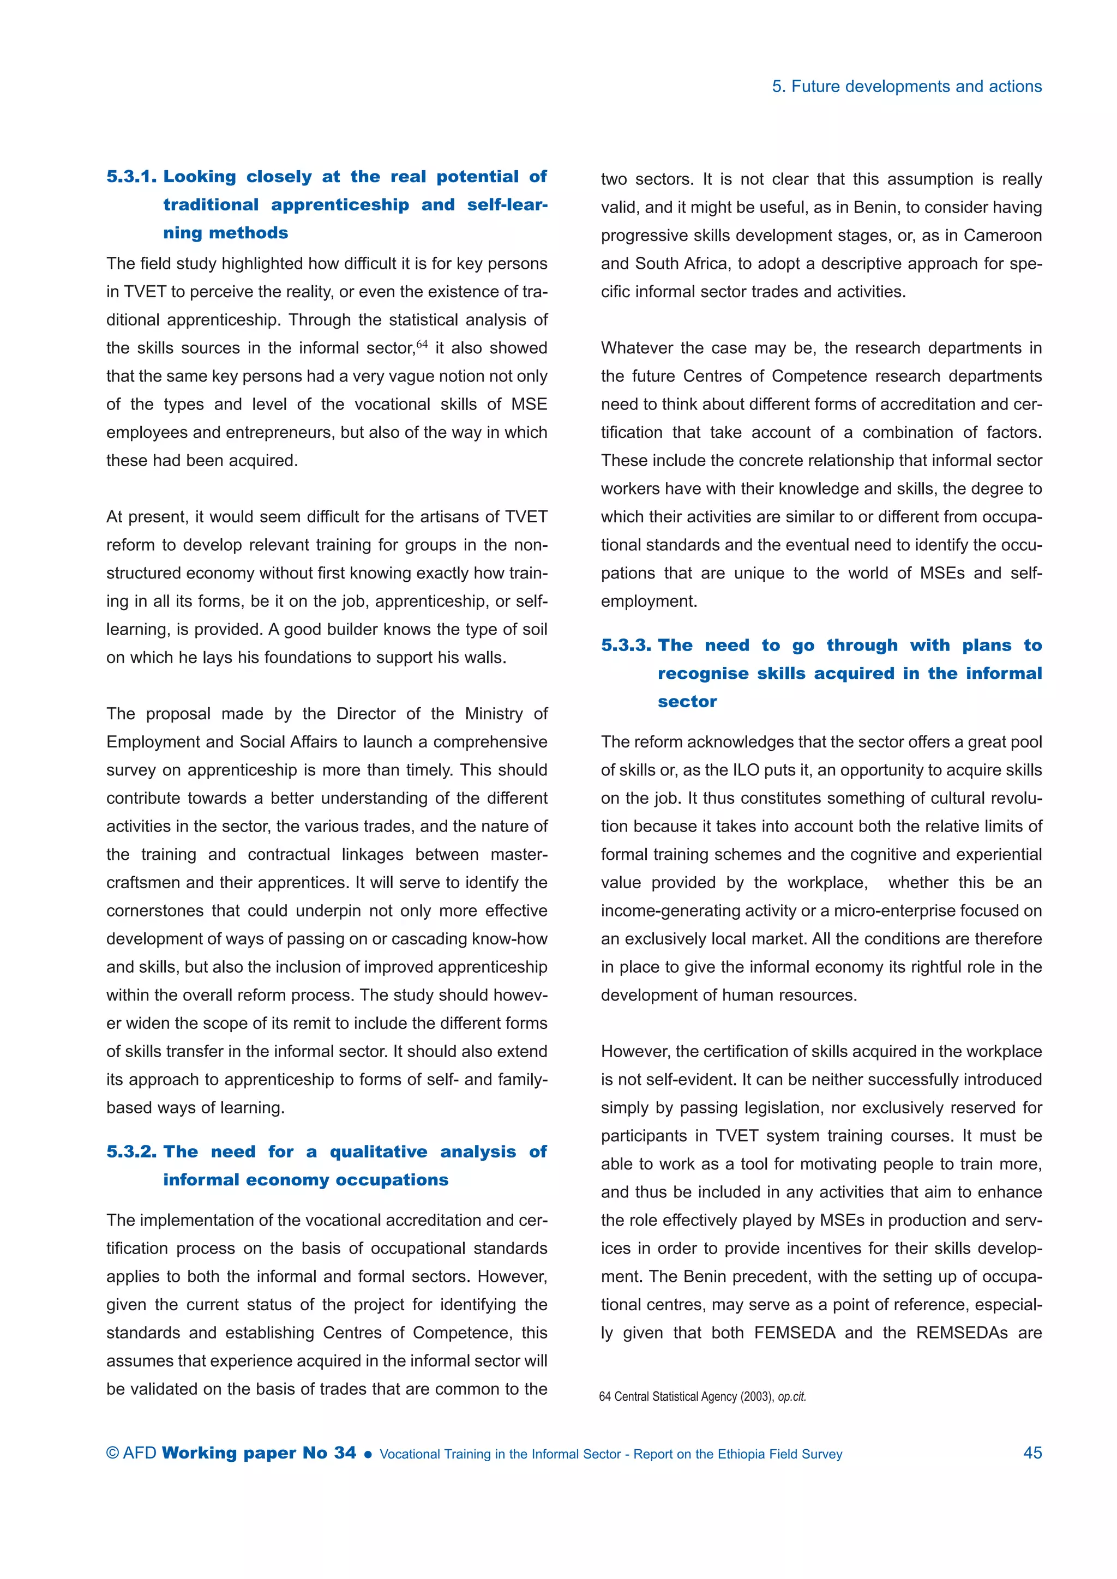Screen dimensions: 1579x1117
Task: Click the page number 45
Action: point(1032,1453)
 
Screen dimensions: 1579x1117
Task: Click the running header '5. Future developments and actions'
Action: point(906,87)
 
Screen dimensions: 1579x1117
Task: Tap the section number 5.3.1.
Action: point(131,177)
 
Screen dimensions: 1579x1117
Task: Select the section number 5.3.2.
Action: point(131,1151)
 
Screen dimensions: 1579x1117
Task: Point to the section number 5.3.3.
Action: point(626,645)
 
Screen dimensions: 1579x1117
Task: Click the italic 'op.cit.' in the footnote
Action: point(792,1397)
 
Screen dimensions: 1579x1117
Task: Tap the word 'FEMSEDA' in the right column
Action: point(795,1333)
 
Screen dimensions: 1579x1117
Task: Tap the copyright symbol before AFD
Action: point(113,1453)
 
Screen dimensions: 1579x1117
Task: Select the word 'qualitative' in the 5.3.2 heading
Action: point(379,1151)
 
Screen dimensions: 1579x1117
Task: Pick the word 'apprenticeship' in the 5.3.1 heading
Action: point(340,205)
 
